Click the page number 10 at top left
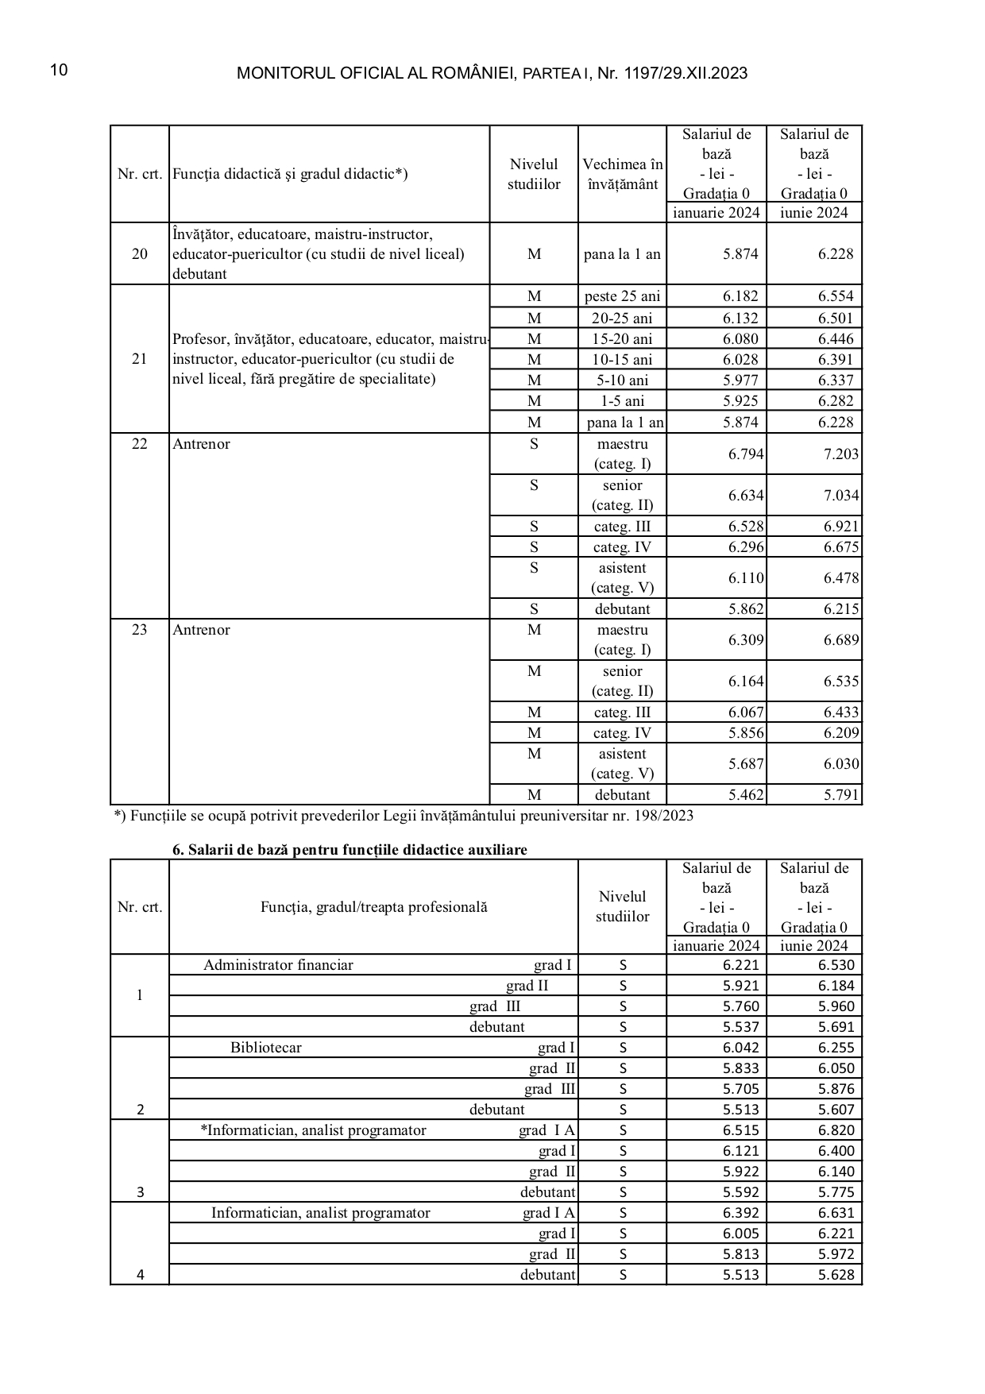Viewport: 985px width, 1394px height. (59, 71)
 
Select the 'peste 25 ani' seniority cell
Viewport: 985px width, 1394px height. (622, 296)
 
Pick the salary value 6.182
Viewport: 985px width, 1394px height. (740, 296)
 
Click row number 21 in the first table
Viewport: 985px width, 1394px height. (140, 359)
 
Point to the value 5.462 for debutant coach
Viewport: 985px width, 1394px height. (746, 795)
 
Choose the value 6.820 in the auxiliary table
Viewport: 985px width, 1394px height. (836, 1130)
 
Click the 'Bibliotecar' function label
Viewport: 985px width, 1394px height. (266, 1048)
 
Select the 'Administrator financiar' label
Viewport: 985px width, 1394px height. (278, 965)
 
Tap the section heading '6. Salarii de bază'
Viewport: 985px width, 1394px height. (350, 850)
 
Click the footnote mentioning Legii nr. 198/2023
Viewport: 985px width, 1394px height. (404, 816)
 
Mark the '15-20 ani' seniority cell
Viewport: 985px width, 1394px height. (622, 339)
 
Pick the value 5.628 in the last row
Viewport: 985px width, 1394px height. (836, 1275)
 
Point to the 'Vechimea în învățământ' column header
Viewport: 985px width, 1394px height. (622, 174)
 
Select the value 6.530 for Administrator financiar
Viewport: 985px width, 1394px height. (836, 965)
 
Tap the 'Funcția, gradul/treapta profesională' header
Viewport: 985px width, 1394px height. (373, 907)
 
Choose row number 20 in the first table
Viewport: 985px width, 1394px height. (140, 254)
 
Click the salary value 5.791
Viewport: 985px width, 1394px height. (841, 795)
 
